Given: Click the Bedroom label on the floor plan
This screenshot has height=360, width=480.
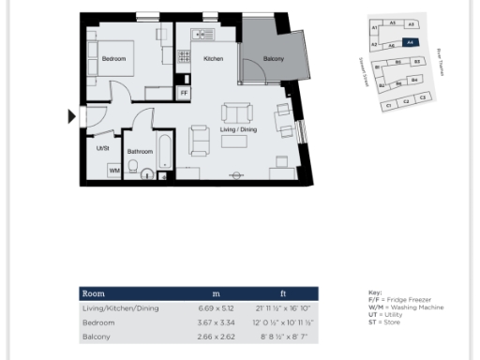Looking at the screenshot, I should [113, 59].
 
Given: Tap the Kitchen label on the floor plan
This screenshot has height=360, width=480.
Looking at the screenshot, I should [213, 59].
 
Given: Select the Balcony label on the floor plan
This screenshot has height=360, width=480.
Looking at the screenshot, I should [273, 59].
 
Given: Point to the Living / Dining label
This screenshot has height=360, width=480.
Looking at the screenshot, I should [238, 129].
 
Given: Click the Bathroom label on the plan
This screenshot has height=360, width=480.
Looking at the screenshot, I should [140, 151].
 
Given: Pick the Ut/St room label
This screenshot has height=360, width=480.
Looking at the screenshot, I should [102, 147].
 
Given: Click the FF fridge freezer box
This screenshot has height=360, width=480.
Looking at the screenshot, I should [184, 94].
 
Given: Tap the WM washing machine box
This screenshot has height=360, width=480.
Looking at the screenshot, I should [113, 171].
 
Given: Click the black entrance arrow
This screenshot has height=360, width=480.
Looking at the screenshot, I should [71, 117].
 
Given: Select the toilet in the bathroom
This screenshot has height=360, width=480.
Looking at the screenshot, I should [134, 169].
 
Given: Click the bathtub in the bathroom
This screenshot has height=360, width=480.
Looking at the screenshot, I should [164, 155].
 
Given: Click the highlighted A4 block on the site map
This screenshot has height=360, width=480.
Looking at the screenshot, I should [409, 42].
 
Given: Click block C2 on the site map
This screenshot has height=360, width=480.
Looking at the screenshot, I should [405, 101].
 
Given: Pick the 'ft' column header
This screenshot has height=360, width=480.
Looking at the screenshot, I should [283, 293].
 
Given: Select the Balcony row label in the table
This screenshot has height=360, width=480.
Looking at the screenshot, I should [98, 335].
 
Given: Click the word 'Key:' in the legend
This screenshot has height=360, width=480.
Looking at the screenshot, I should [375, 292].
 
